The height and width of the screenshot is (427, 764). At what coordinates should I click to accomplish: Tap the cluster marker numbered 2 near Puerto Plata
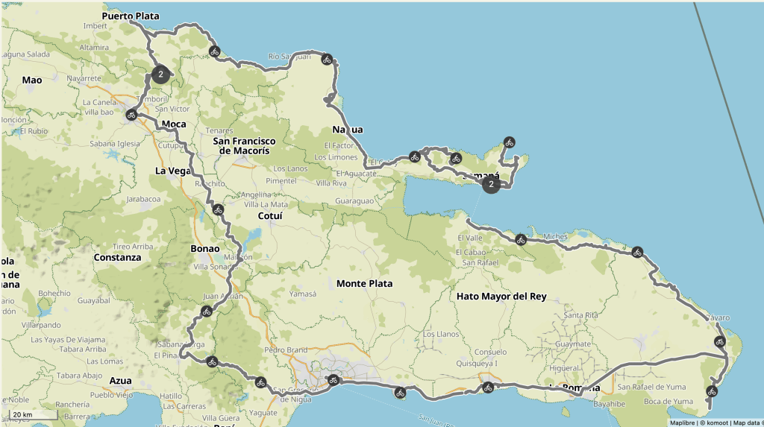160,74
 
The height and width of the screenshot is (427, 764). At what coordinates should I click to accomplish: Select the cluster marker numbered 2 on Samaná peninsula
490,183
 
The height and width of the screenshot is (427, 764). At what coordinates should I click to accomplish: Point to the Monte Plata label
364,284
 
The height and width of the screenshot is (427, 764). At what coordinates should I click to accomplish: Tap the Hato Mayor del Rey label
501,297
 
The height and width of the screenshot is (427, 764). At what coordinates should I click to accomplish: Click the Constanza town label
117,258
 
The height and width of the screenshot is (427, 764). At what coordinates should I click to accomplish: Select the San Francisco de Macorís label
244,145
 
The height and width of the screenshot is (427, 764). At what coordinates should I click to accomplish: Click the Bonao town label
205,249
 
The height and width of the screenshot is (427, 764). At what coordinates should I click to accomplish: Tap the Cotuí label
269,216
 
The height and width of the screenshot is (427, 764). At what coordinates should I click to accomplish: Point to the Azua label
120,380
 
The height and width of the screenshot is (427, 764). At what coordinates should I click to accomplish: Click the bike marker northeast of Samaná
509,142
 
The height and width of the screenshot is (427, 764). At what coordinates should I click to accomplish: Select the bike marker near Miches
521,239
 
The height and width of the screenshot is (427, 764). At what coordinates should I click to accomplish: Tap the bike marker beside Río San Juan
326,59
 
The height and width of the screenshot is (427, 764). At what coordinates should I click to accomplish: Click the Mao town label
32,80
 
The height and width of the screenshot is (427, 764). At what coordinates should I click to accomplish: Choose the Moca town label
173,124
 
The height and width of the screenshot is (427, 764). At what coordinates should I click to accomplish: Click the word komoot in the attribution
713,423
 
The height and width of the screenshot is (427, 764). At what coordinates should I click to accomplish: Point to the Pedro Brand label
286,349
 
